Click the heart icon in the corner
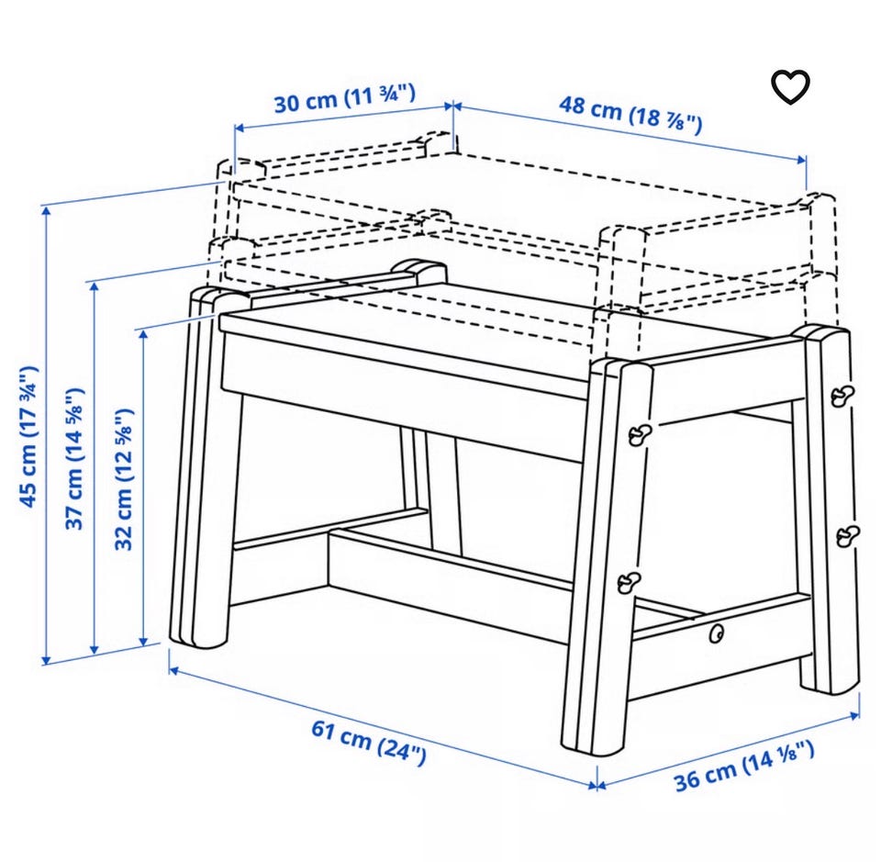[x=790, y=87]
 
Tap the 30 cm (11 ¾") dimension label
[x=344, y=98]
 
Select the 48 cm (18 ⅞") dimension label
[x=630, y=114]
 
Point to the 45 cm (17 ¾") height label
[x=28, y=437]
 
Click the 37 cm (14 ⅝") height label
[x=74, y=458]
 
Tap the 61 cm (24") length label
[x=369, y=743]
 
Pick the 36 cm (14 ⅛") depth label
[x=744, y=766]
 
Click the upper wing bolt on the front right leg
[x=639, y=434]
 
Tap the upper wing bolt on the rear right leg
[x=842, y=396]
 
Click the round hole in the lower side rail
[x=716, y=633]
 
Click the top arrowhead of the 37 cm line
[x=95, y=286]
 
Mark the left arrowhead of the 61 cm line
[x=173, y=669]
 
